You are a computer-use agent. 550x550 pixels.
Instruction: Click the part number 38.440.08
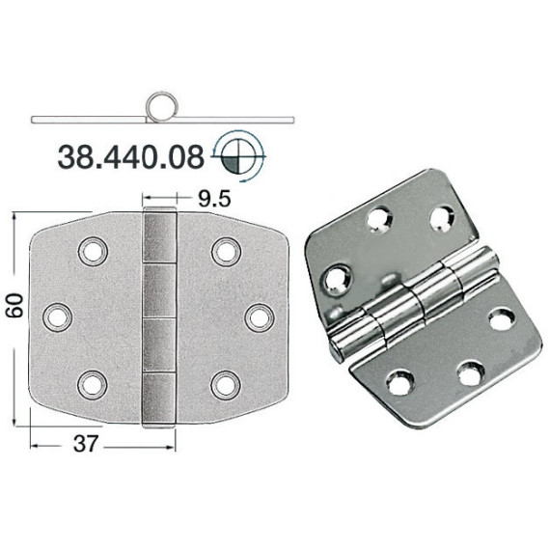coord(130,157)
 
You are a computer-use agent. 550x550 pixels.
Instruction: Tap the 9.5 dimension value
coord(214,199)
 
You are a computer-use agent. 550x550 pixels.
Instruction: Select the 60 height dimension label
coord(16,306)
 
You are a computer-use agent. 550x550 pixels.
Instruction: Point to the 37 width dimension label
coord(85,443)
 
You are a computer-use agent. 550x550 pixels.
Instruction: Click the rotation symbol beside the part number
coord(238,156)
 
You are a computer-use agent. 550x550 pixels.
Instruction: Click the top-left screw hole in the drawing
coord(93,252)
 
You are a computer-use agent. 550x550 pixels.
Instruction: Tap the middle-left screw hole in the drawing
coord(58,317)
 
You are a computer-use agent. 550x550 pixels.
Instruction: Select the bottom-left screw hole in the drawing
coord(93,384)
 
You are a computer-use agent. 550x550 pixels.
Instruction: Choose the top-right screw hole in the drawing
coord(226,252)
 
